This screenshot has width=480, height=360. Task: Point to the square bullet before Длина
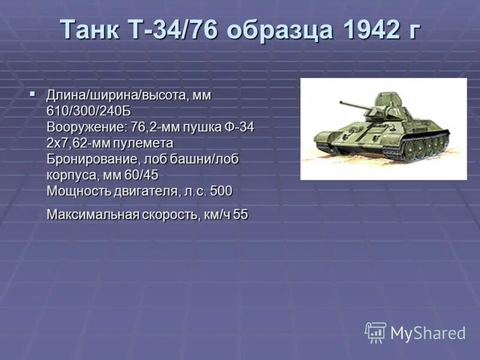33,94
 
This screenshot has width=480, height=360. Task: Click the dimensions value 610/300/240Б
88,112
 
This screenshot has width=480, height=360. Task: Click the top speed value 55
240,214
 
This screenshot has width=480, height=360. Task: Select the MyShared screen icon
376,332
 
